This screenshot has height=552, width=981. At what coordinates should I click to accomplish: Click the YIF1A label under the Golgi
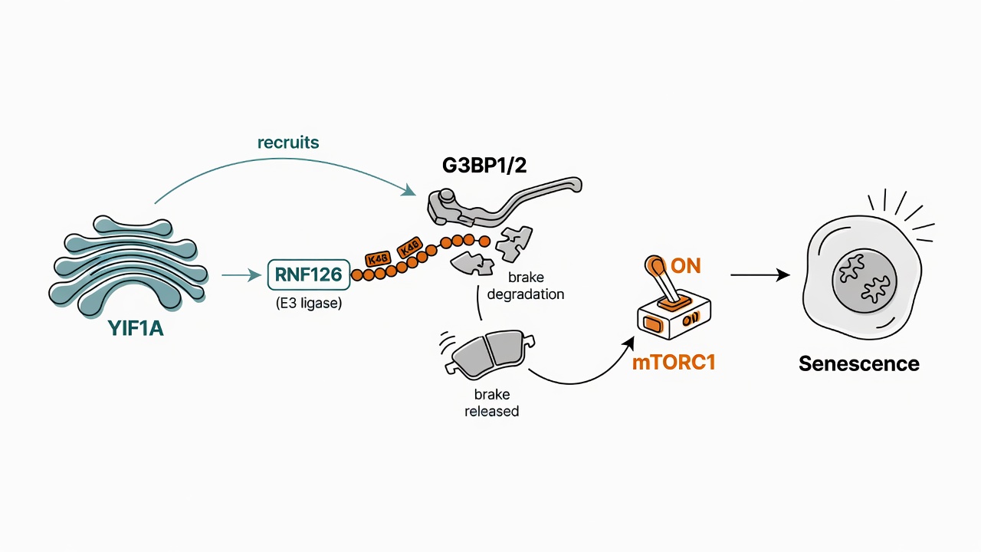coord(136,328)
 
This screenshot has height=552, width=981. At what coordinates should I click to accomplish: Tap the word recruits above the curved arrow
coord(288,143)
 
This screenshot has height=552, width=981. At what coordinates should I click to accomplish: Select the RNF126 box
coord(309,274)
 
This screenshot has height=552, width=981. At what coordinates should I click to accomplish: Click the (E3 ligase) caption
coord(309,303)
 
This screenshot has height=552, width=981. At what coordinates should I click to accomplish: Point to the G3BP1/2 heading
coord(484,166)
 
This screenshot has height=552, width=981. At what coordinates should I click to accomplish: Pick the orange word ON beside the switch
coord(686,266)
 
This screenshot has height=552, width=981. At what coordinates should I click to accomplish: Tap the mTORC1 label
coord(674,363)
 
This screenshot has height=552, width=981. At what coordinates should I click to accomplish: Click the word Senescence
coord(859,363)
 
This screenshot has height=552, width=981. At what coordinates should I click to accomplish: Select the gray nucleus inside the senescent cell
coord(865,281)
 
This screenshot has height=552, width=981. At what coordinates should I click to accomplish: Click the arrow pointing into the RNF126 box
coord(241,275)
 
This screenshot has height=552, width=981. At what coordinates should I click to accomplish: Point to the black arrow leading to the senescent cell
coord(760,275)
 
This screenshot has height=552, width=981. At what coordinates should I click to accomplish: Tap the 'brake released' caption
coord(492,402)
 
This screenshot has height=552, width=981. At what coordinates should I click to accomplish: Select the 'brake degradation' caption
coord(526,286)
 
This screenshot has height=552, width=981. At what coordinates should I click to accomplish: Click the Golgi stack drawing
coord(128,264)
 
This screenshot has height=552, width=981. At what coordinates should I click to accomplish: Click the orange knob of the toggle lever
coord(655,264)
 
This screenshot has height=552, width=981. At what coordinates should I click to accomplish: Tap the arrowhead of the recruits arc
coord(409,190)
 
